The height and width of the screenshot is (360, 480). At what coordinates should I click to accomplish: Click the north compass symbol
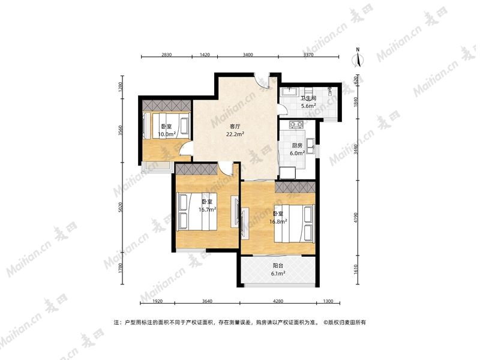point(358,58)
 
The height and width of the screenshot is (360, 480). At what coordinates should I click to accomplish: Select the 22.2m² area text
point(235,134)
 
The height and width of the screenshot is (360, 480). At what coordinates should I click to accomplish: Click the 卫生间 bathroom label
point(308,98)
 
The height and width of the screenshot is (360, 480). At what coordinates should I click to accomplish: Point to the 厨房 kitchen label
point(297,146)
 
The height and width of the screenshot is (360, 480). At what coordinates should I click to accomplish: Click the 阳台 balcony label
point(278,266)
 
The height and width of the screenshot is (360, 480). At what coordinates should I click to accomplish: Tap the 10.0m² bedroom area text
point(167,134)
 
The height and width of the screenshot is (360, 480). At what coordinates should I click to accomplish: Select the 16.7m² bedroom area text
point(207,209)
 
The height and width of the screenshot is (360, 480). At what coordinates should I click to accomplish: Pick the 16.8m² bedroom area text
point(278,221)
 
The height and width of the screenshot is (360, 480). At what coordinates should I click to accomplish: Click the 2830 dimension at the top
point(167,55)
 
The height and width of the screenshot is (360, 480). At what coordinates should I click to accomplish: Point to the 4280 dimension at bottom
point(278,301)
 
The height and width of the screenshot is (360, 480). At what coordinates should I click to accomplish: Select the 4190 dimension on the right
point(355,218)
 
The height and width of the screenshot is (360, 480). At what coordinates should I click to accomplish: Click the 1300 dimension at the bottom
point(328,301)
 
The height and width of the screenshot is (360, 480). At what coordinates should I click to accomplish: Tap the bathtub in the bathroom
point(290,92)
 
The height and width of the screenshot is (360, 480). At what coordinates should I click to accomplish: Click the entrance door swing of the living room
point(262,81)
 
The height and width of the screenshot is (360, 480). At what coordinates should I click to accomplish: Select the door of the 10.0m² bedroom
point(185,149)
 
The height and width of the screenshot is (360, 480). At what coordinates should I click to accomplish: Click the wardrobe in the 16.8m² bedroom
point(295,187)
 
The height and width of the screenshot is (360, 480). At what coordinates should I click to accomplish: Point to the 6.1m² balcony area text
point(278,274)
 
